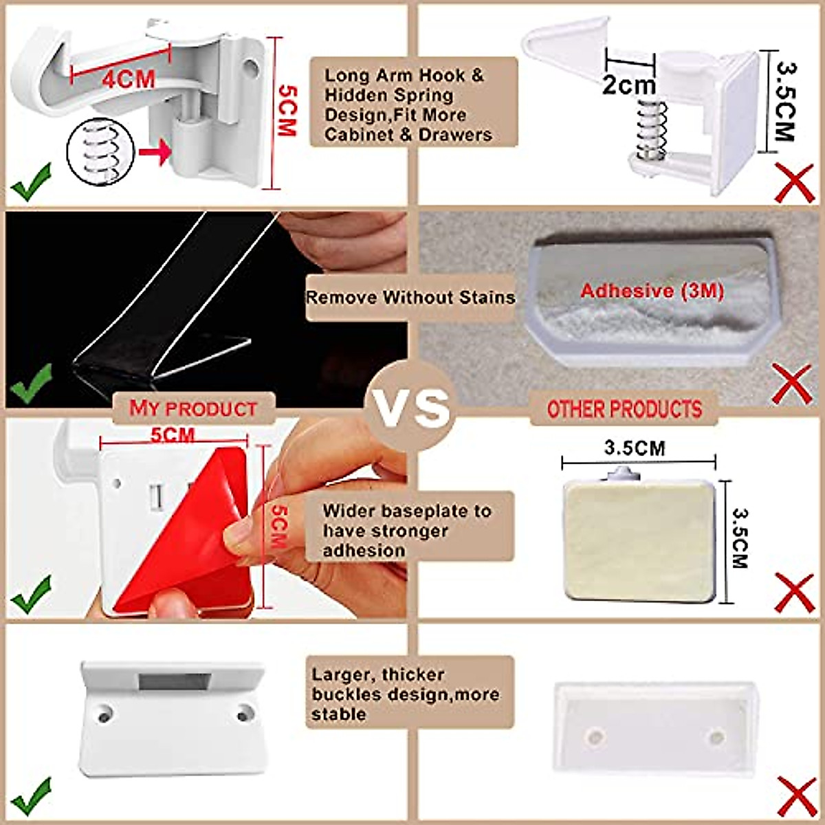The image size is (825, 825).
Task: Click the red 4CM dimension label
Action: coord(129,78)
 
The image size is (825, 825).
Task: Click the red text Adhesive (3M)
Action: coord(651,291)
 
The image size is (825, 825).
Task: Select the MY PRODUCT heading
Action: coord(193,408)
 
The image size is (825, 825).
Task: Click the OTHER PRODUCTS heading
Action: coord(624,409)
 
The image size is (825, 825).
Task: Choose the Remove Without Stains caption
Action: coord(410,298)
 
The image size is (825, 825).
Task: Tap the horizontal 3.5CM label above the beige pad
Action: coord(635,448)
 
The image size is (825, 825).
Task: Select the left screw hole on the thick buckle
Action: coord(104,716)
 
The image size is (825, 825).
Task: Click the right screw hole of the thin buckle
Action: coord(717,738)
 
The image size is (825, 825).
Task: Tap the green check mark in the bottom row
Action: coord(31,796)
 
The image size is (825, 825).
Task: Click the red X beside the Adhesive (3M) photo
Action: coord(793,384)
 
